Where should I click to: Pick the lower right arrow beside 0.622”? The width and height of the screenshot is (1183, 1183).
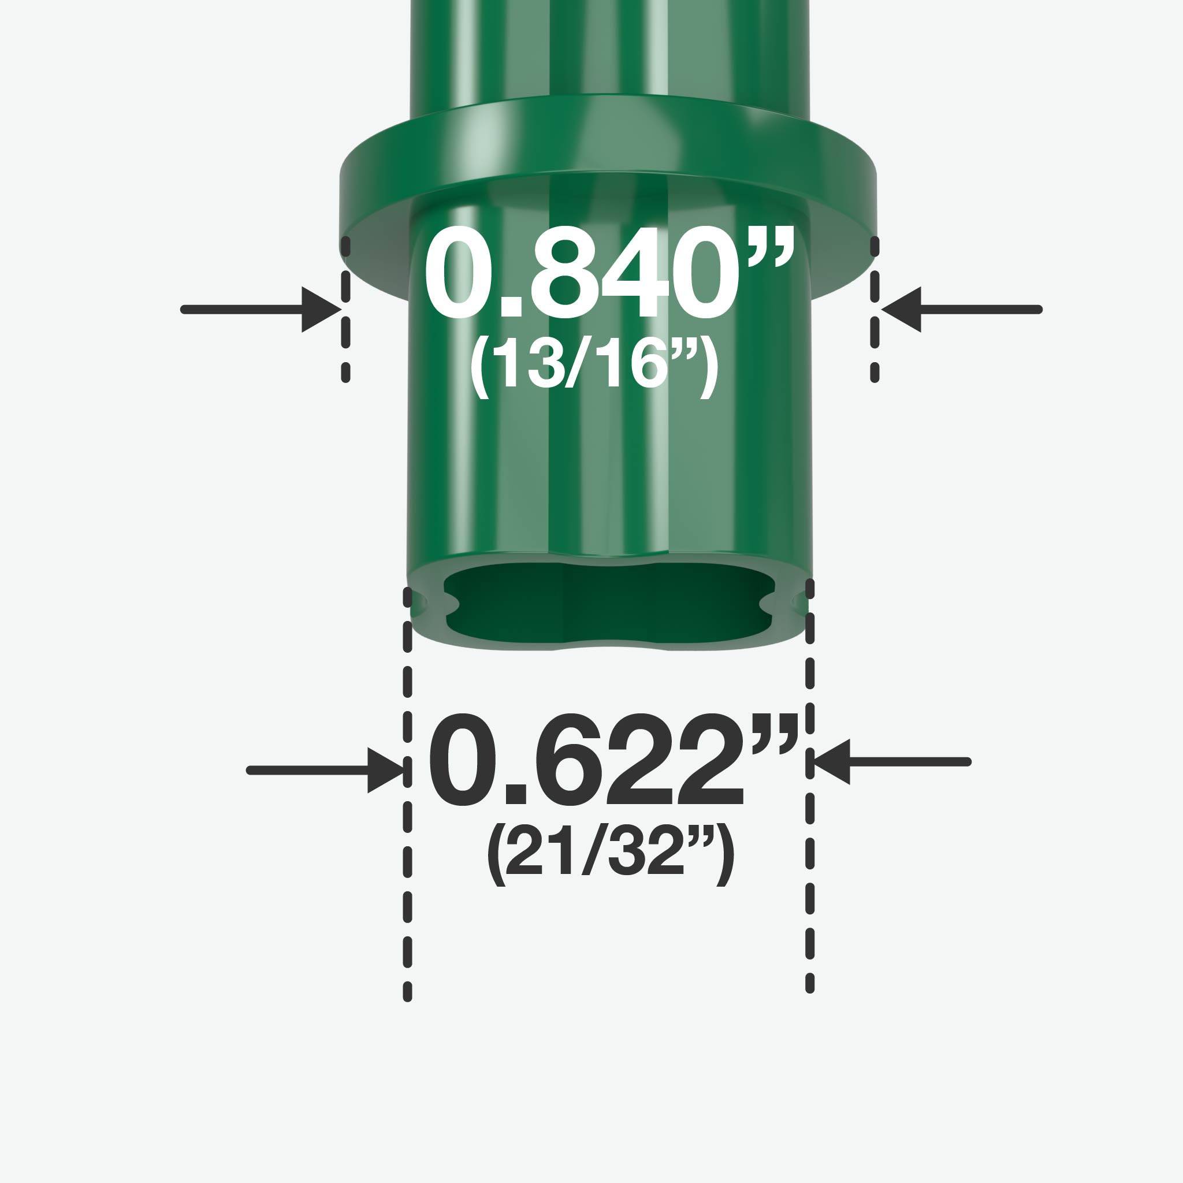coord(891,762)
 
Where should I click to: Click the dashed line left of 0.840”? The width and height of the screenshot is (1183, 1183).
coord(346,309)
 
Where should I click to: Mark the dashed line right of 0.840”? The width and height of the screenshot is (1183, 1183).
coord(875,309)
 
